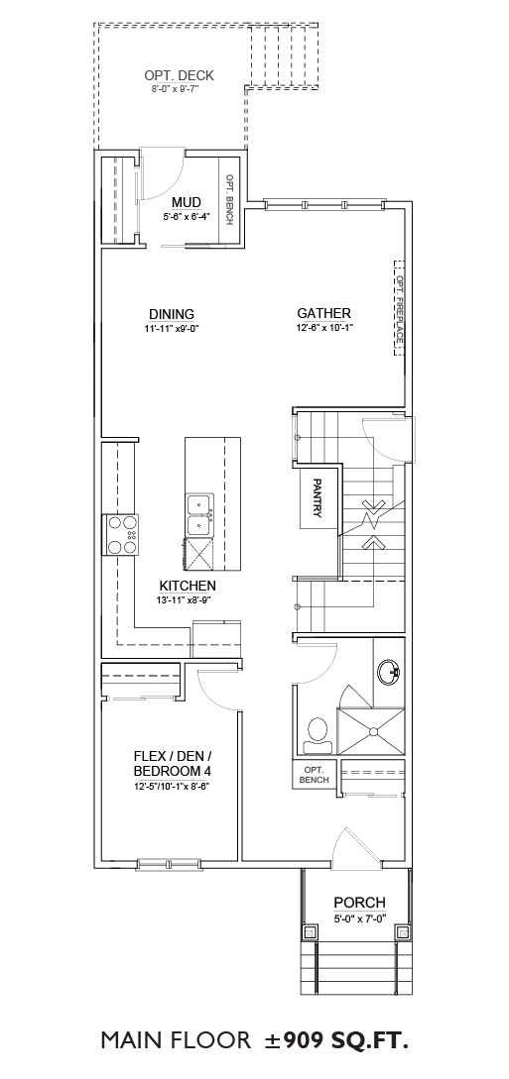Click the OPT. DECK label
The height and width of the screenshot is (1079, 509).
click(x=179, y=75)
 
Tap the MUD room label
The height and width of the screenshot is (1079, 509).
click(x=186, y=201)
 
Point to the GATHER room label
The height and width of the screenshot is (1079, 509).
click(x=324, y=313)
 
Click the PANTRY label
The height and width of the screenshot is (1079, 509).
click(x=318, y=497)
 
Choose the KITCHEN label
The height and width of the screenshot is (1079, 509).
click(x=188, y=586)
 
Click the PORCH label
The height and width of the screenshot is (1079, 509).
click(x=359, y=903)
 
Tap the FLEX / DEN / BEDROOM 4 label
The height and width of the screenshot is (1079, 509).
click(x=172, y=762)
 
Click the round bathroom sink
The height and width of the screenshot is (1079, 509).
click(x=390, y=670)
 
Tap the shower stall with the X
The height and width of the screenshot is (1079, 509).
click(x=370, y=731)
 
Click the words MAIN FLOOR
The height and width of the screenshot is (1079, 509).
click(x=176, y=1039)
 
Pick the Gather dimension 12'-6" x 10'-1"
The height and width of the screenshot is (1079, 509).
click(x=324, y=328)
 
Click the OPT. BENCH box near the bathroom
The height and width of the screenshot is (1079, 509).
click(x=315, y=774)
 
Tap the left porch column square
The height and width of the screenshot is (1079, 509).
click(x=310, y=932)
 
